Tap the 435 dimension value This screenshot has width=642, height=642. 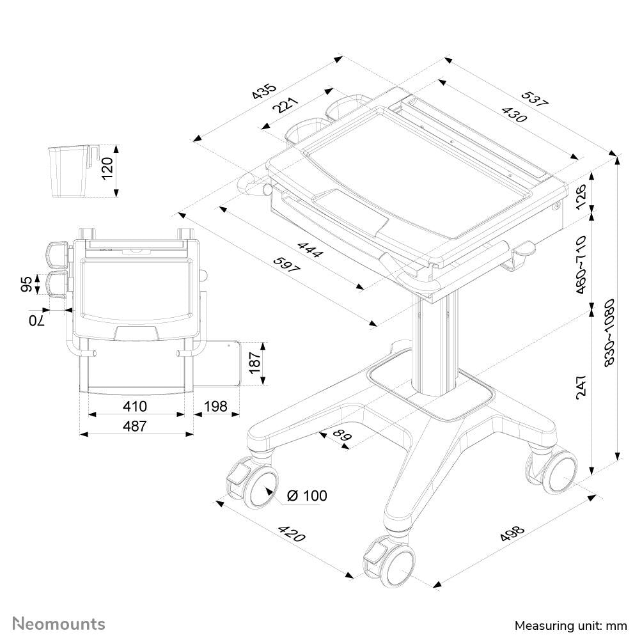263,91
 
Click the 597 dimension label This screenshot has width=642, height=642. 287,265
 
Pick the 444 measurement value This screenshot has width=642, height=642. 310,249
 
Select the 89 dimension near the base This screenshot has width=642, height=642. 342,436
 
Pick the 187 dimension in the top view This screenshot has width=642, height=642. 254,363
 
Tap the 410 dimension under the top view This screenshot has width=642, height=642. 135,406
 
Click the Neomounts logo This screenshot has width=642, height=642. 59,623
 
